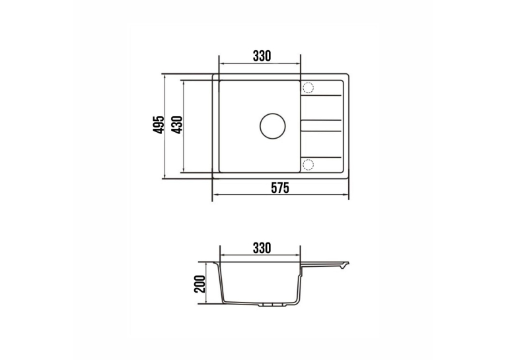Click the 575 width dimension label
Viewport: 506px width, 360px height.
click(x=280, y=188)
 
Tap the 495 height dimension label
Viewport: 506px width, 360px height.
click(x=159, y=125)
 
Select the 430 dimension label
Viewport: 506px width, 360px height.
click(x=178, y=125)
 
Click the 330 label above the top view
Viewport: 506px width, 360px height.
click(x=262, y=56)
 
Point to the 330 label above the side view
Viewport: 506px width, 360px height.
click(x=262, y=248)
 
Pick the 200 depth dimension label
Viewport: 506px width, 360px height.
click(x=200, y=284)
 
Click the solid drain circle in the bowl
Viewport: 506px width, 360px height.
click(x=273, y=126)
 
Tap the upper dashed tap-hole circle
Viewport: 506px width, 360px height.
click(x=308, y=87)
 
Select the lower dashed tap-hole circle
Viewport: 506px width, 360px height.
click(x=308, y=164)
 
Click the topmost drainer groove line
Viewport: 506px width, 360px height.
click(x=321, y=95)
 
